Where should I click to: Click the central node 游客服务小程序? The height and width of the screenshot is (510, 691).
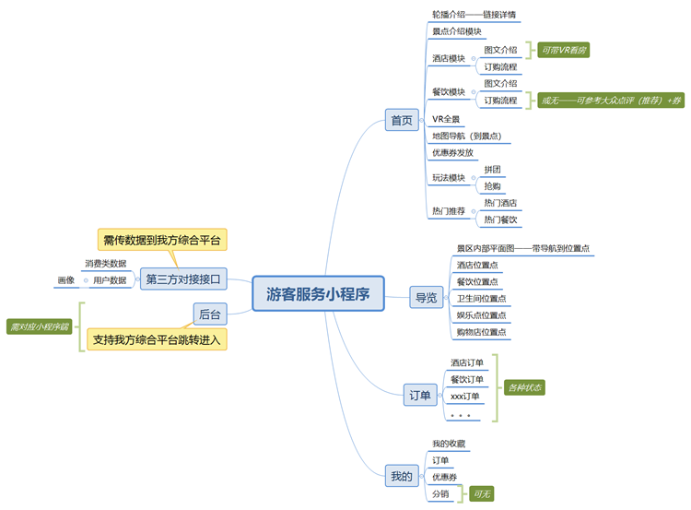coord(318,294)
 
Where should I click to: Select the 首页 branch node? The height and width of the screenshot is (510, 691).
coord(402,120)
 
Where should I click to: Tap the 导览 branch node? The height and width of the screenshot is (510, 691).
coord(426,297)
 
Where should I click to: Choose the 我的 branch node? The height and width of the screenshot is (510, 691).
coord(402,476)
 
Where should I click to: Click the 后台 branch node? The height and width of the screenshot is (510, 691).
coord(209,314)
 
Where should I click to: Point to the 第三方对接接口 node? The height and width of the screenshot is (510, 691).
coord(183,279)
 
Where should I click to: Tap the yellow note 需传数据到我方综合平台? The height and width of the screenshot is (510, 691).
coord(162,240)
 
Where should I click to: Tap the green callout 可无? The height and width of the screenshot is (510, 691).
coord(483,494)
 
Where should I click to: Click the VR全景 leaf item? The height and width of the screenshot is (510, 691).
coord(447,119)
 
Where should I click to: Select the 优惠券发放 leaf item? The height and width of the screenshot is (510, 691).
coord(452,152)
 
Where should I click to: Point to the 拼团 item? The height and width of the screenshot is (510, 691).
coord(493,170)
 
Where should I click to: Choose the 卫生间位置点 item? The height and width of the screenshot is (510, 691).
coord(481,298)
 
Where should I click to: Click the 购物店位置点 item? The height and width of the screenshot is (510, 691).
coord(481,331)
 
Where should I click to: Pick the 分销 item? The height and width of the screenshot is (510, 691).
coord(441,493)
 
